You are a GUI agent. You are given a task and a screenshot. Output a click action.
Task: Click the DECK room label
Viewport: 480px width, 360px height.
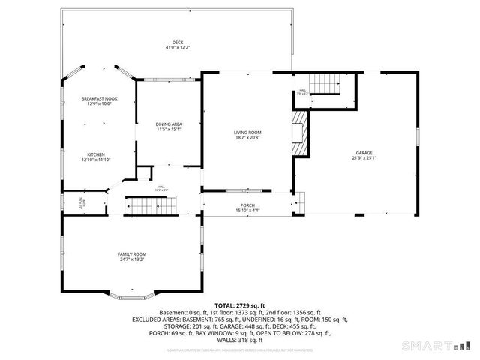coord(177,42)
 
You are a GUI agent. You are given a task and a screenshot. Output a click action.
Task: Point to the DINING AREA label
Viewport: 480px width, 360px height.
coord(169,124)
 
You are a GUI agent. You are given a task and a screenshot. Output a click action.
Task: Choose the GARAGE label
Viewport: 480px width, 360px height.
coord(364,153)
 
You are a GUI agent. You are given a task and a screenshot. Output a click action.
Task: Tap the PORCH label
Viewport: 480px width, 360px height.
coord(247,205)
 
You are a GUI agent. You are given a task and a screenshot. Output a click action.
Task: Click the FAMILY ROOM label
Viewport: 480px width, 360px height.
coord(131,254)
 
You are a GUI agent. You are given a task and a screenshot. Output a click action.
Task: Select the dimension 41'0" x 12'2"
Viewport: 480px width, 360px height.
coord(177,48)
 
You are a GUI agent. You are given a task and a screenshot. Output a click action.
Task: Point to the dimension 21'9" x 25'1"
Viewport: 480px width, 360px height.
coord(364,159)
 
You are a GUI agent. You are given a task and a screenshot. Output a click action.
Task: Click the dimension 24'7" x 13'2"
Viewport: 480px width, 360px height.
coord(131,260)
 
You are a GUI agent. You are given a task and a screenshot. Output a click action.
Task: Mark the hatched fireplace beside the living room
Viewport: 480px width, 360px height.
coord(300,133)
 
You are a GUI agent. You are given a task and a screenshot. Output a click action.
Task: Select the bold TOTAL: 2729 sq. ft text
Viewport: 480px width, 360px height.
coord(240,305)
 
